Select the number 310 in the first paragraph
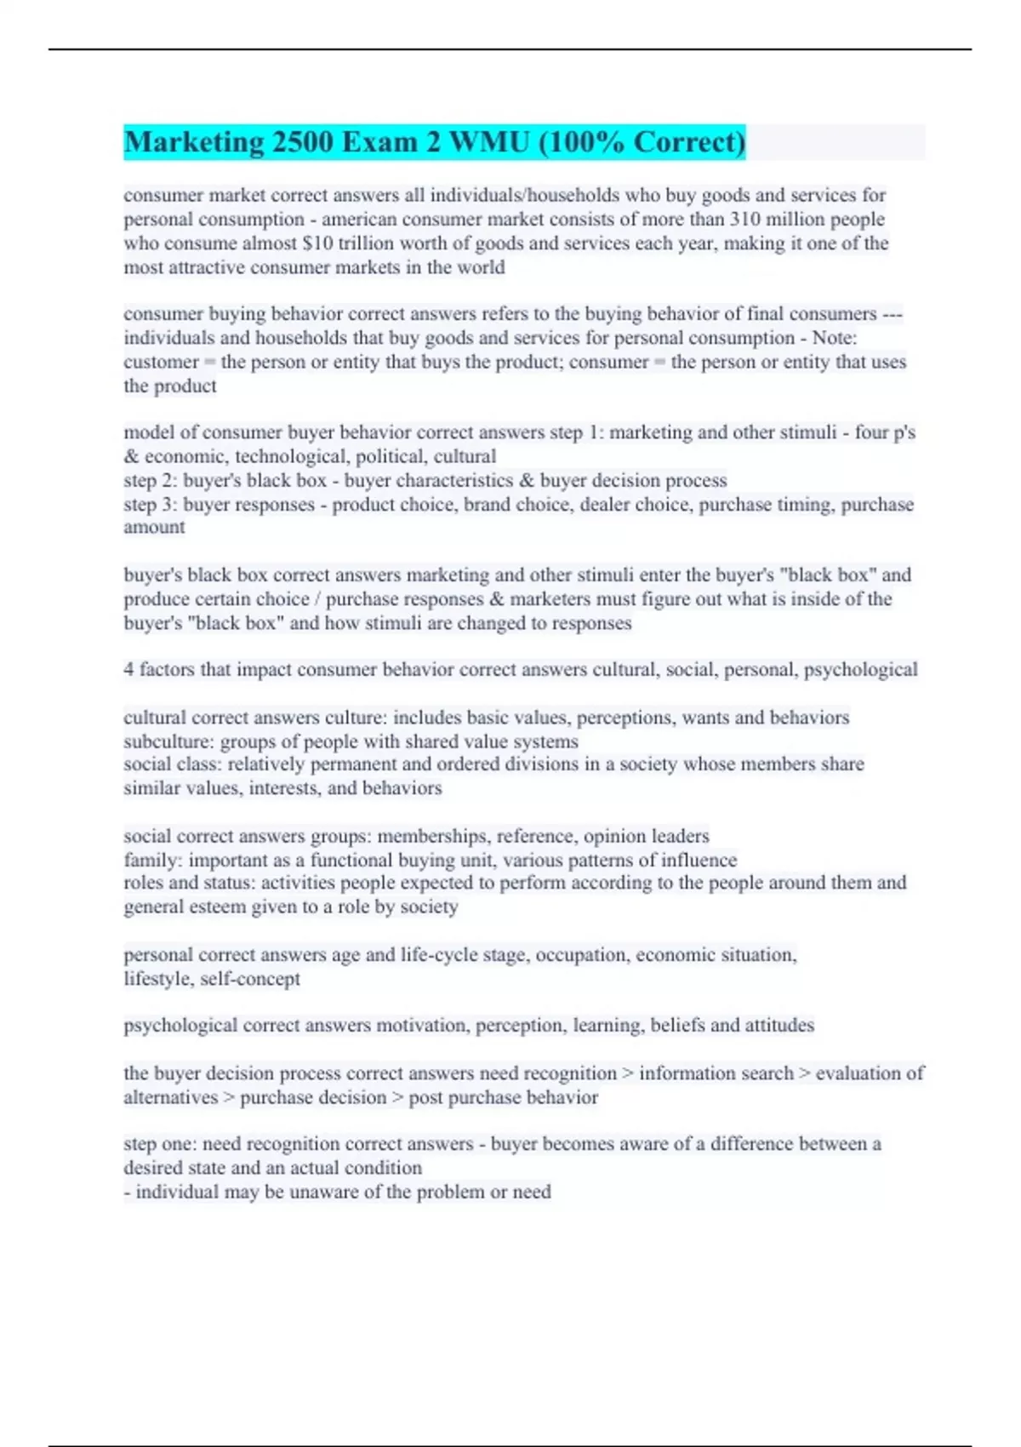click(x=746, y=219)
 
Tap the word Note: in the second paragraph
click(x=835, y=338)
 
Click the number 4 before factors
click(x=128, y=670)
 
